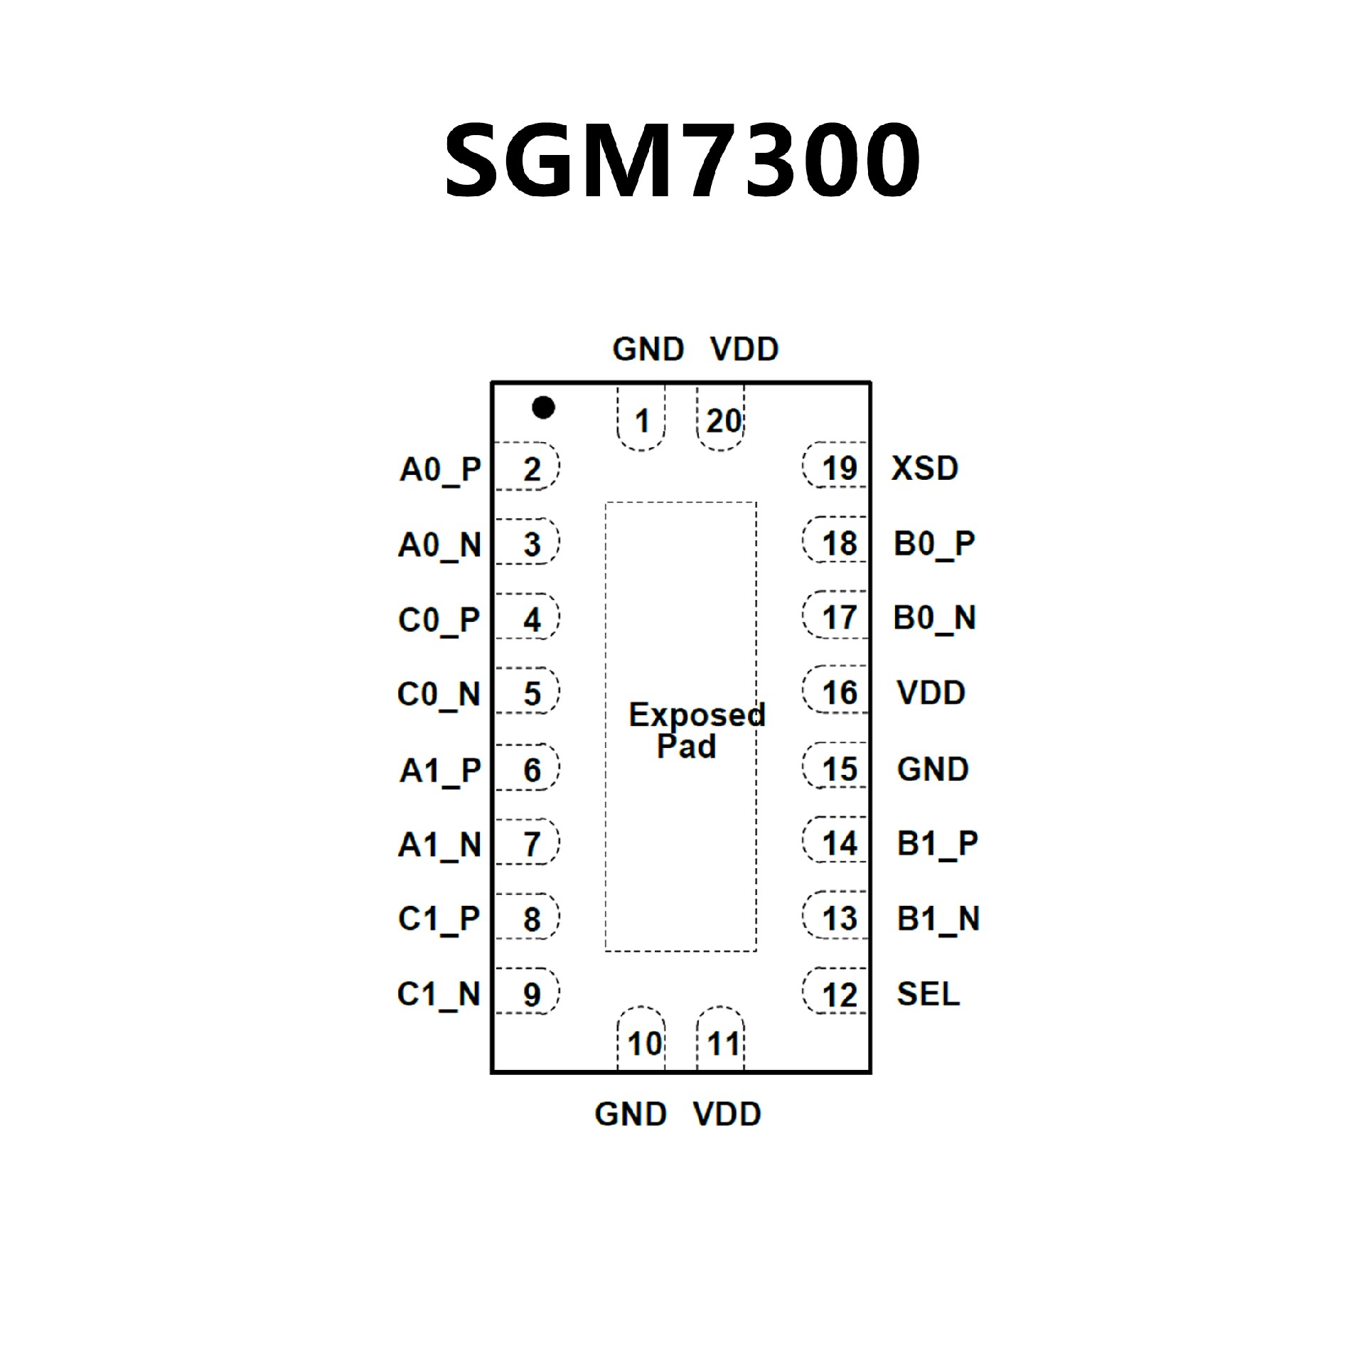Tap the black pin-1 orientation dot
click(x=543, y=407)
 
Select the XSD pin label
click(x=925, y=469)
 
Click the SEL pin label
click(x=928, y=993)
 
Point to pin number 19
click(x=840, y=469)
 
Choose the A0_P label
click(x=440, y=470)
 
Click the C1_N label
click(x=439, y=995)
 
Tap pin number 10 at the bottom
click(x=645, y=1044)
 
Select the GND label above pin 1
click(x=648, y=349)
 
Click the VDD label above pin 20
click(x=744, y=349)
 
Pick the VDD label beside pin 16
click(x=931, y=692)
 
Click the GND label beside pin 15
click(x=933, y=769)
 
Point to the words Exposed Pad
click(x=695, y=730)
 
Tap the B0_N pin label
click(x=934, y=618)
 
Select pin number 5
click(x=532, y=693)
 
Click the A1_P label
click(x=440, y=771)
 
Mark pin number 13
click(x=840, y=919)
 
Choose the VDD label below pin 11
click(x=727, y=1114)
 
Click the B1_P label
click(x=937, y=844)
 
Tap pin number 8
click(x=532, y=919)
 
